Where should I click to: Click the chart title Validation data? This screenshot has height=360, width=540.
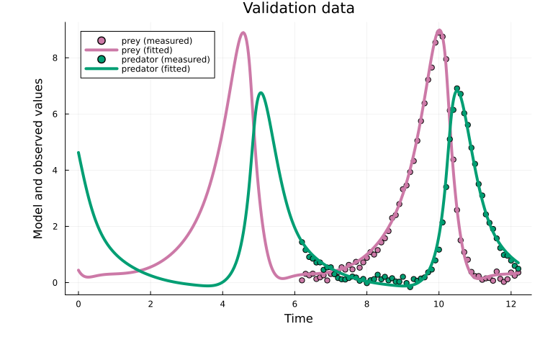click(298, 9)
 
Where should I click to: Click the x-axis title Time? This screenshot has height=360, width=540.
click(298, 318)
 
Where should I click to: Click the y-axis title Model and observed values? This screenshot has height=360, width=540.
click(38, 159)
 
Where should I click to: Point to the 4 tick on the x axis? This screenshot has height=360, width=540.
click(222, 304)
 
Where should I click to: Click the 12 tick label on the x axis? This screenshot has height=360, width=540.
click(510, 304)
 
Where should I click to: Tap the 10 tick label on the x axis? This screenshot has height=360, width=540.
click(438, 304)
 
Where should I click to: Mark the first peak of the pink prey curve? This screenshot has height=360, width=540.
click(243, 32)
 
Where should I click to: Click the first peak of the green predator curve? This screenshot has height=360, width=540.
click(261, 93)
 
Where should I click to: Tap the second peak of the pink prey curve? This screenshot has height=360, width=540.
click(439, 31)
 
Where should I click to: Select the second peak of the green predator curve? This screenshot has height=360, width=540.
click(456, 89)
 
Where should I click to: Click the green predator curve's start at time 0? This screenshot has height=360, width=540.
click(78, 153)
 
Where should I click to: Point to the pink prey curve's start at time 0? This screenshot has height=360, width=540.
click(78, 270)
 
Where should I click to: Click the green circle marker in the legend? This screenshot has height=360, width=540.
click(102, 59)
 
